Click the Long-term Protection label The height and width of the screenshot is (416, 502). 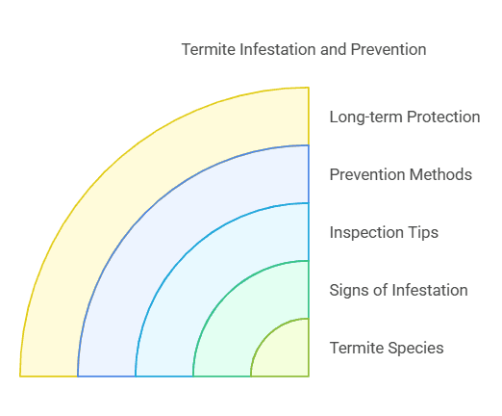(x=404, y=117)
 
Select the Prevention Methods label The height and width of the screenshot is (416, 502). (x=400, y=174)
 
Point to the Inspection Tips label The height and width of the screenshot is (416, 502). (x=385, y=232)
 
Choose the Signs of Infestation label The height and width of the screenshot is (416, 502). (x=398, y=290)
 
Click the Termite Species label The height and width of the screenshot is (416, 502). (x=387, y=348)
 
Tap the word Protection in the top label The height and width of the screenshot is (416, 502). (x=441, y=117)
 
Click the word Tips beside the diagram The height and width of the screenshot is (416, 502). (x=425, y=232)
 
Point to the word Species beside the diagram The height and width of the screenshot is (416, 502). (x=416, y=348)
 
